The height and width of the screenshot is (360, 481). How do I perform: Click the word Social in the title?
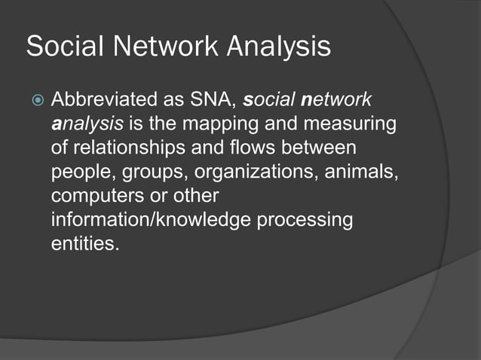pyautogui.click(x=63, y=47)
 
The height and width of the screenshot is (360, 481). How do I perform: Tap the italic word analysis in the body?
pyautogui.click(x=79, y=124)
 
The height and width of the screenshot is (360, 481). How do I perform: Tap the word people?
pyautogui.click(x=79, y=172)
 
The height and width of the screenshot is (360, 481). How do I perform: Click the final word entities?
pyautogui.click(x=84, y=244)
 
